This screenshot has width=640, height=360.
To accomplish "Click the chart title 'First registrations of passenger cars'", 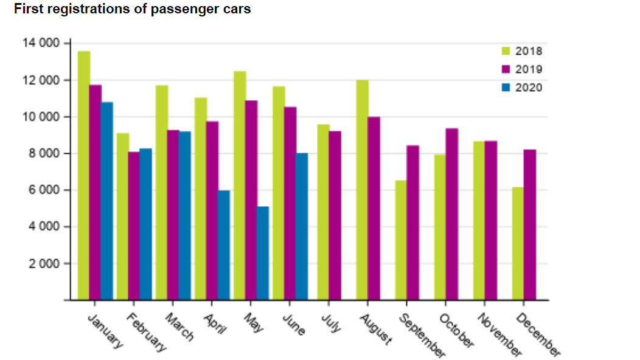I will click(132, 10).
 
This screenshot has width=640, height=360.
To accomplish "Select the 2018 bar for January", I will click(84, 176).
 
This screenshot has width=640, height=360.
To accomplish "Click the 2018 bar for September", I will click(401, 240).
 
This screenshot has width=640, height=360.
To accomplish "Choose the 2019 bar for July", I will click(335, 215).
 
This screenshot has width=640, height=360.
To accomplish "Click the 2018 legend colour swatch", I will click(506, 51).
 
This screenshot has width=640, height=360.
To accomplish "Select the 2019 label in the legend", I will click(529, 69).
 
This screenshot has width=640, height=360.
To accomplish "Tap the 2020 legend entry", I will click(523, 88).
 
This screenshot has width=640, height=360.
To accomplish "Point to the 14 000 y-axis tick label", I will click(41, 43).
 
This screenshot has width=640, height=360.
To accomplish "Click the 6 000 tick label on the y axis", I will click(44, 190).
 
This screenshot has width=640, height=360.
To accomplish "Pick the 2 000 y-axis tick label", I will click(44, 264).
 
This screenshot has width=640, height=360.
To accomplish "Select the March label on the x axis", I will click(180, 327).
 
